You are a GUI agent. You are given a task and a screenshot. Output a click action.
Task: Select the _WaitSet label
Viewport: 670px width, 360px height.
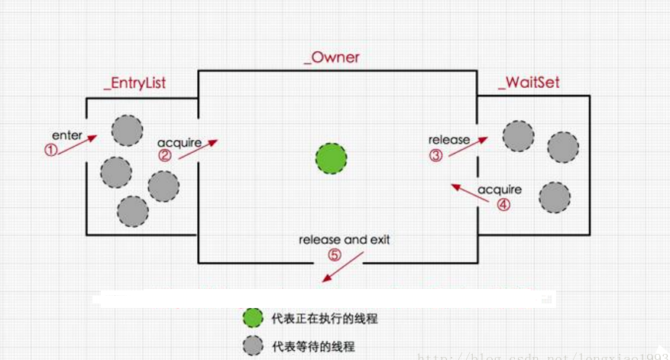click(529, 82)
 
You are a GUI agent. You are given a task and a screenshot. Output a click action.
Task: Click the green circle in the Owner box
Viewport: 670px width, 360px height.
click(332, 158)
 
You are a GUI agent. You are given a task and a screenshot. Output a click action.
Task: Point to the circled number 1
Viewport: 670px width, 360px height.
click(51, 151)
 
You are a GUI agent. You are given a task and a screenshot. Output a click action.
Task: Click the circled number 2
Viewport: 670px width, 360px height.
click(166, 156)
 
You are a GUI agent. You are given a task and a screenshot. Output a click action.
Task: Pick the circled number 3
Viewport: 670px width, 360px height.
click(436, 155)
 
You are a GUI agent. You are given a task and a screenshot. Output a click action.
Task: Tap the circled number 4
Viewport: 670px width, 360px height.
click(503, 204)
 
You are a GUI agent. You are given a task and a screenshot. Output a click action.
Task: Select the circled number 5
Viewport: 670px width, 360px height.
click(335, 255)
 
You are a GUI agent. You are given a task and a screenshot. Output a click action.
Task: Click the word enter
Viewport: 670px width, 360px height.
click(68, 135)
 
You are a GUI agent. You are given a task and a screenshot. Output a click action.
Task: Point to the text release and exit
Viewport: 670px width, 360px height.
click(344, 240)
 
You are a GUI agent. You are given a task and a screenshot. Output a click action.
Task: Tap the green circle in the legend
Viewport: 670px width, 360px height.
click(253, 318)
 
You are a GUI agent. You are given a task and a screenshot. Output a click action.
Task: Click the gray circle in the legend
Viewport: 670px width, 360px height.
click(253, 345)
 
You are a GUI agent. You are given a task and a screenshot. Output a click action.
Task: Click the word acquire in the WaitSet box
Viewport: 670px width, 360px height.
click(500, 189)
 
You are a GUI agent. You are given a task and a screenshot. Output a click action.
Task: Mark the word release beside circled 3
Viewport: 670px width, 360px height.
click(449, 140)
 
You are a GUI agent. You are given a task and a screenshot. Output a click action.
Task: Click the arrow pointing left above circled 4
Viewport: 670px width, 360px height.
click(470, 192)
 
